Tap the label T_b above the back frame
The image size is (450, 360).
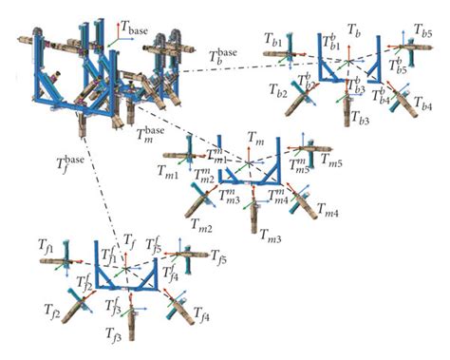[353, 31]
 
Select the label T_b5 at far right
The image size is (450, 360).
[423, 34]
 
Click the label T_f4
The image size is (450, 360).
[202, 312]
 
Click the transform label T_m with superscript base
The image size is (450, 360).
[149, 134]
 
